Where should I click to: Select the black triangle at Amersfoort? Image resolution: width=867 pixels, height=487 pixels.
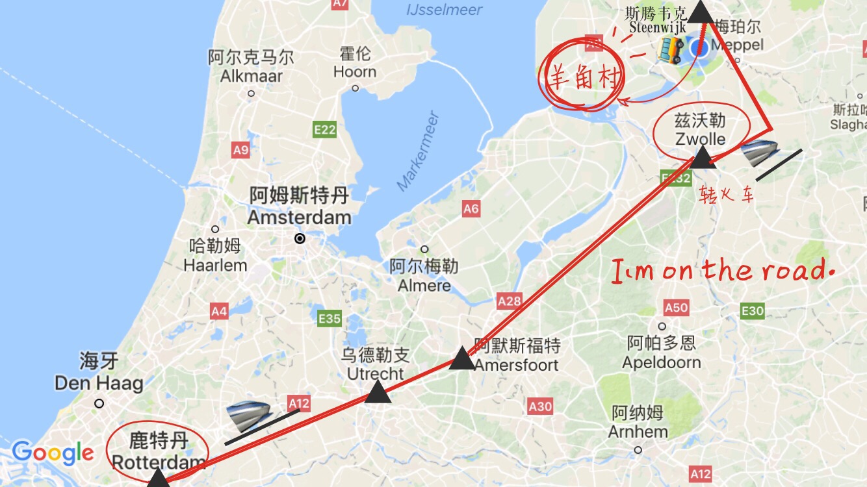[x=462, y=358]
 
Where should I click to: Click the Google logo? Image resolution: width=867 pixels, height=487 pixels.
[x=53, y=453]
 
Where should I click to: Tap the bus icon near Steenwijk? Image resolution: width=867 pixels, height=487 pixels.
[x=671, y=49]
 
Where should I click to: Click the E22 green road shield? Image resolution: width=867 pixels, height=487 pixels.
[x=324, y=129]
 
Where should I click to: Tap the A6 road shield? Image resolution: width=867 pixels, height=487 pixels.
[x=471, y=208]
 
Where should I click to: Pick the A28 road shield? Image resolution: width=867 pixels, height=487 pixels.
[x=510, y=301]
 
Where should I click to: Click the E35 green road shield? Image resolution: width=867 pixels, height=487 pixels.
[x=330, y=318]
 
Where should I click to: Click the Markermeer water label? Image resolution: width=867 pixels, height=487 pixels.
[x=419, y=152]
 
